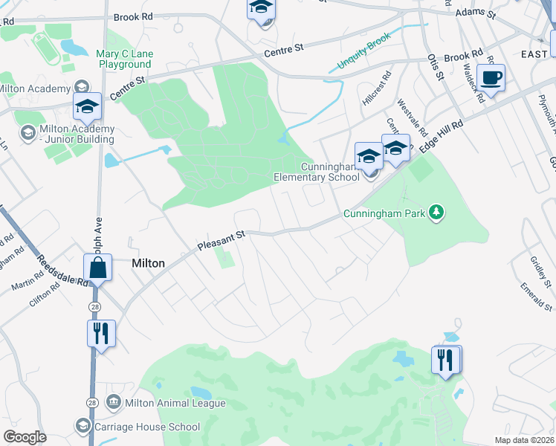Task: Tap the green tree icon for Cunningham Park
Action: click(x=439, y=213)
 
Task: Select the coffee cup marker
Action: click(x=491, y=77)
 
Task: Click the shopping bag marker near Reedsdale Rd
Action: click(x=97, y=268)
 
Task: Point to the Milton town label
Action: click(x=147, y=263)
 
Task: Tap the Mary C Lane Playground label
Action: click(x=123, y=59)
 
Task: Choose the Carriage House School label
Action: click(x=147, y=427)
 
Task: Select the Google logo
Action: click(x=25, y=437)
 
